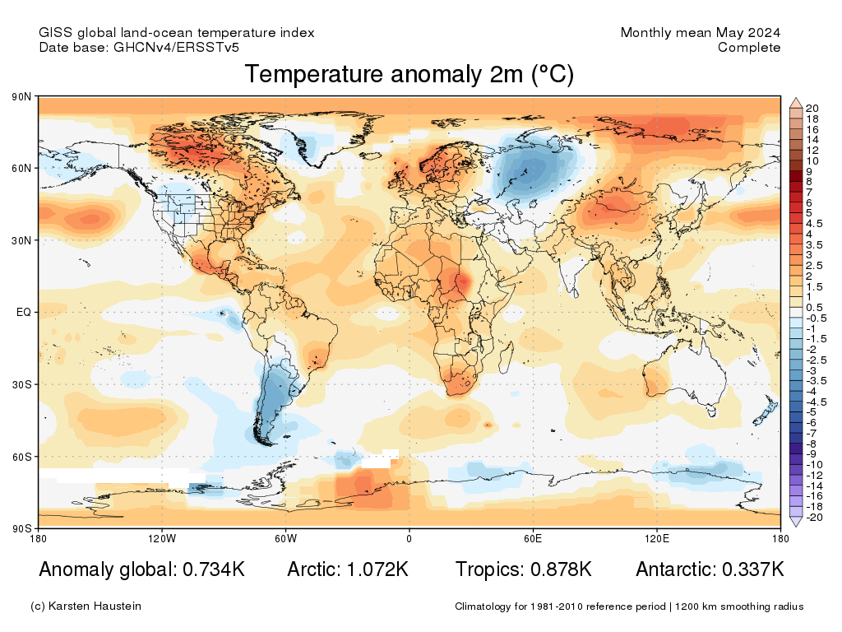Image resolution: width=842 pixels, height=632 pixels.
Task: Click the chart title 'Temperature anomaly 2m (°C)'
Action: pos(409,74)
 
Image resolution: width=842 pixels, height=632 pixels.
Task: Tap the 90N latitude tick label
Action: pos(22,97)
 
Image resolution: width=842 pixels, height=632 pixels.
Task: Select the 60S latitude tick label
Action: pos(22,457)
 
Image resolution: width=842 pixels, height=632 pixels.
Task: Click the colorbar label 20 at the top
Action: pos(812,108)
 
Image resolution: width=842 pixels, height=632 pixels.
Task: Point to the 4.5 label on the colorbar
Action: pos(814,223)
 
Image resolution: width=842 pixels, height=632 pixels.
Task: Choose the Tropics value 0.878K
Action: pos(558,569)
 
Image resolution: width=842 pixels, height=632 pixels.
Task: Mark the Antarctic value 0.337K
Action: pos(752,569)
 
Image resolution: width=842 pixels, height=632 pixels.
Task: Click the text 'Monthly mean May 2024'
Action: pos(700,33)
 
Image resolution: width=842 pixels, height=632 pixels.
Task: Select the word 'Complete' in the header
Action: pos(748,48)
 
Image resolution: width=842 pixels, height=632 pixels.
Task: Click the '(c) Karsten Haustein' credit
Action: pos(86,606)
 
